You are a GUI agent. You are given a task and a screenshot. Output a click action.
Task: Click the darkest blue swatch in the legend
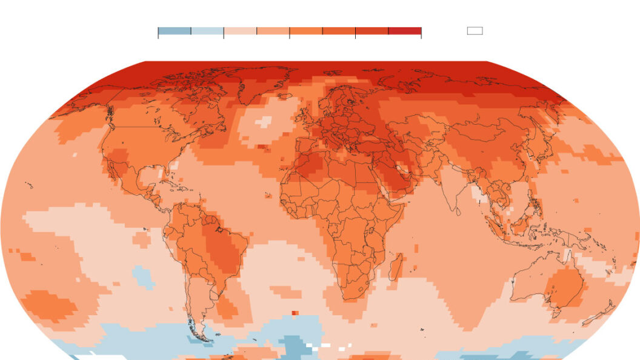coord(175,31)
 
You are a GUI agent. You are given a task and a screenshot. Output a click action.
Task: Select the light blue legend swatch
coord(207,31)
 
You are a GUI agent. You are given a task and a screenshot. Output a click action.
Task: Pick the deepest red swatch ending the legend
coord(405,31)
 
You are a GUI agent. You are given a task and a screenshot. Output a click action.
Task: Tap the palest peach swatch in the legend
coord(240,31)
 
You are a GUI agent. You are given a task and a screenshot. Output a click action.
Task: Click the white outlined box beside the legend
coord(475,31)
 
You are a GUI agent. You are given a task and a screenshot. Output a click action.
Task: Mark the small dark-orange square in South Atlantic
coord(295,313)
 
